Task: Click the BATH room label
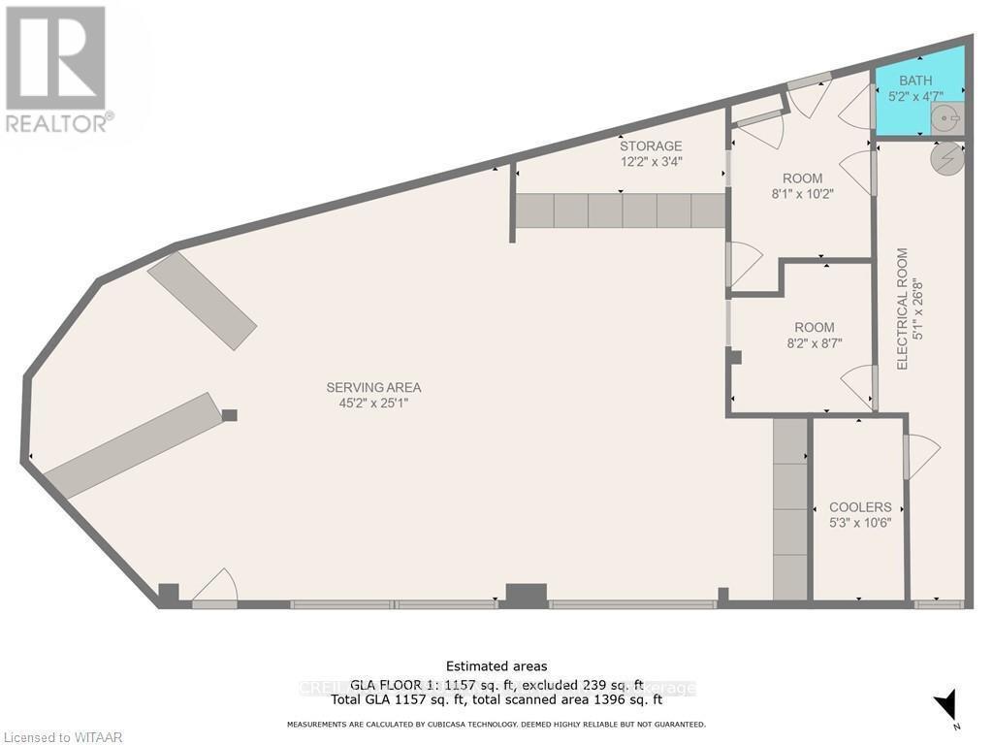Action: [914, 80]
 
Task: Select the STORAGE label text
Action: [651, 146]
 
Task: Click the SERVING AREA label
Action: [373, 387]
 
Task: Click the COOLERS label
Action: [860, 507]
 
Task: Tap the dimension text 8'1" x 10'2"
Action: [802, 193]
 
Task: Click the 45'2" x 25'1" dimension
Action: [373, 403]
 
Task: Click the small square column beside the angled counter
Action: [229, 415]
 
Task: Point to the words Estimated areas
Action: [496, 665]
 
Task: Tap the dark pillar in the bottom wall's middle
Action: [526, 594]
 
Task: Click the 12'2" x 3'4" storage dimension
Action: [651, 162]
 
